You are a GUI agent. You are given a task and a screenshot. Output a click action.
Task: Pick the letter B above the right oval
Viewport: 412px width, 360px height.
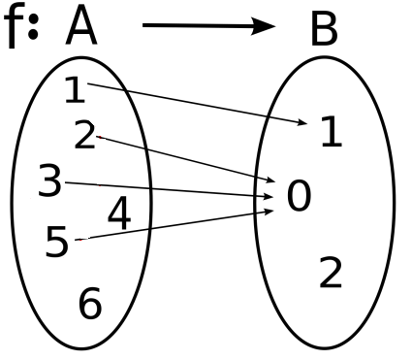[324, 32]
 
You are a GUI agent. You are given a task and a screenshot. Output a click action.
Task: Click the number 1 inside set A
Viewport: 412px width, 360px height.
[74, 90]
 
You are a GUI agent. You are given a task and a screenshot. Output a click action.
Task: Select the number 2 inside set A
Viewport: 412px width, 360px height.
[85, 135]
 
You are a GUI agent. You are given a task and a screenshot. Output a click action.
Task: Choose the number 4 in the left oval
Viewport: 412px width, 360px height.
[118, 214]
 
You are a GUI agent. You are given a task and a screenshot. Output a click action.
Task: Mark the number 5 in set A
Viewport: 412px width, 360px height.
[57, 243]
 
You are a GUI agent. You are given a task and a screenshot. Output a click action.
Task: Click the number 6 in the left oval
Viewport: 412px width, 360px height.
[89, 305]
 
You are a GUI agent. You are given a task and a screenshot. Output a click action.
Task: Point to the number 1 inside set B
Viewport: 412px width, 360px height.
[331, 133]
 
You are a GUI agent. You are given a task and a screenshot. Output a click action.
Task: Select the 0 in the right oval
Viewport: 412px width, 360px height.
[299, 197]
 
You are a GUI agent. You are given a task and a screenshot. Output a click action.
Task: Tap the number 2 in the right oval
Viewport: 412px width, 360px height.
[330, 275]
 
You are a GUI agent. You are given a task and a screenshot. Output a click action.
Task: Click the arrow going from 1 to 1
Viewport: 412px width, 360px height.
[194, 105]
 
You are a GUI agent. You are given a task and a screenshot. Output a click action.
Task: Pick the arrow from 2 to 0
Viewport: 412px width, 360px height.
[184, 159]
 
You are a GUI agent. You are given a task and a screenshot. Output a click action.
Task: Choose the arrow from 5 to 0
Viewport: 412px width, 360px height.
[174, 223]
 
